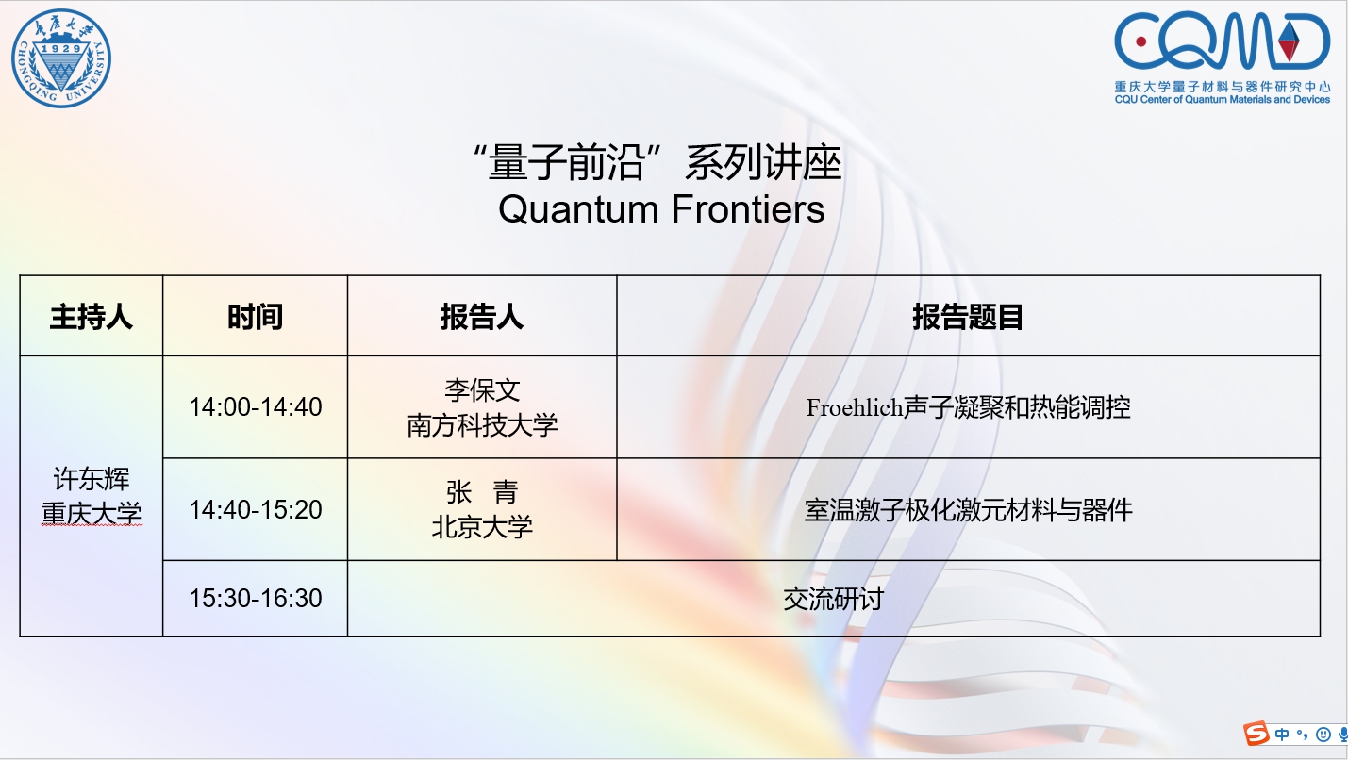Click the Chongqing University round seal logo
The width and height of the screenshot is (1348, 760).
click(61, 58)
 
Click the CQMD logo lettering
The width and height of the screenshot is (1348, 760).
click(1222, 41)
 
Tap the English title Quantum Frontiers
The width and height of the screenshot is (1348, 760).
click(661, 209)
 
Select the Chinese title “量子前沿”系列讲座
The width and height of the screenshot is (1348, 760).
click(657, 162)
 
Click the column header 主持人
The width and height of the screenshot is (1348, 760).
click(91, 317)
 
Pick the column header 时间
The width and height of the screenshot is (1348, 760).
click(255, 317)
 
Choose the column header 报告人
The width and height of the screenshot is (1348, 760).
click(481, 317)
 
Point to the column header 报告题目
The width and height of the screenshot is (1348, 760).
click(968, 317)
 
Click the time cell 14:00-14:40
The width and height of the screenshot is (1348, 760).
click(255, 407)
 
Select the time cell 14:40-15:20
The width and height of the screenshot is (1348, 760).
click(255, 510)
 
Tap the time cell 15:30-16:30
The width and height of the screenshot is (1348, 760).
click(255, 598)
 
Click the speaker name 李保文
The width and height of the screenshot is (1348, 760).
click(482, 390)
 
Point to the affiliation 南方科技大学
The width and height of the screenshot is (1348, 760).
click(482, 425)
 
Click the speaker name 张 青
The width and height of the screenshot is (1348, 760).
click(482, 492)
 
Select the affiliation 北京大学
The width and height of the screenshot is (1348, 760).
click(482, 527)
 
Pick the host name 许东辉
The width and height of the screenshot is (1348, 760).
click(92, 479)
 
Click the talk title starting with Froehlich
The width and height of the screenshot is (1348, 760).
click(968, 407)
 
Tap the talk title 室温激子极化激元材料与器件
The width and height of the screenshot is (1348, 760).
click(968, 510)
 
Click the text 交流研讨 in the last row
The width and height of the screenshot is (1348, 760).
click(834, 599)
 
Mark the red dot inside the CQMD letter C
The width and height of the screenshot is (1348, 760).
click(1140, 41)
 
